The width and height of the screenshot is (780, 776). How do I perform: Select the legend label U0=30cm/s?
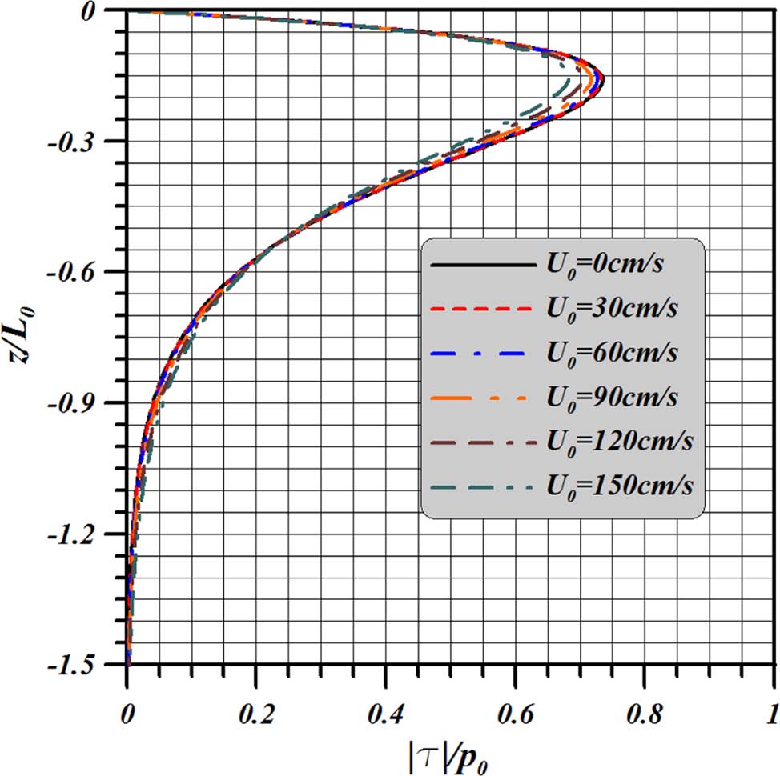tap(613, 308)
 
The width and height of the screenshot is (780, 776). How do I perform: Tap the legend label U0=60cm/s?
tap(613, 352)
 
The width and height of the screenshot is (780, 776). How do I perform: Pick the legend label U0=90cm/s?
tap(613, 396)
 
